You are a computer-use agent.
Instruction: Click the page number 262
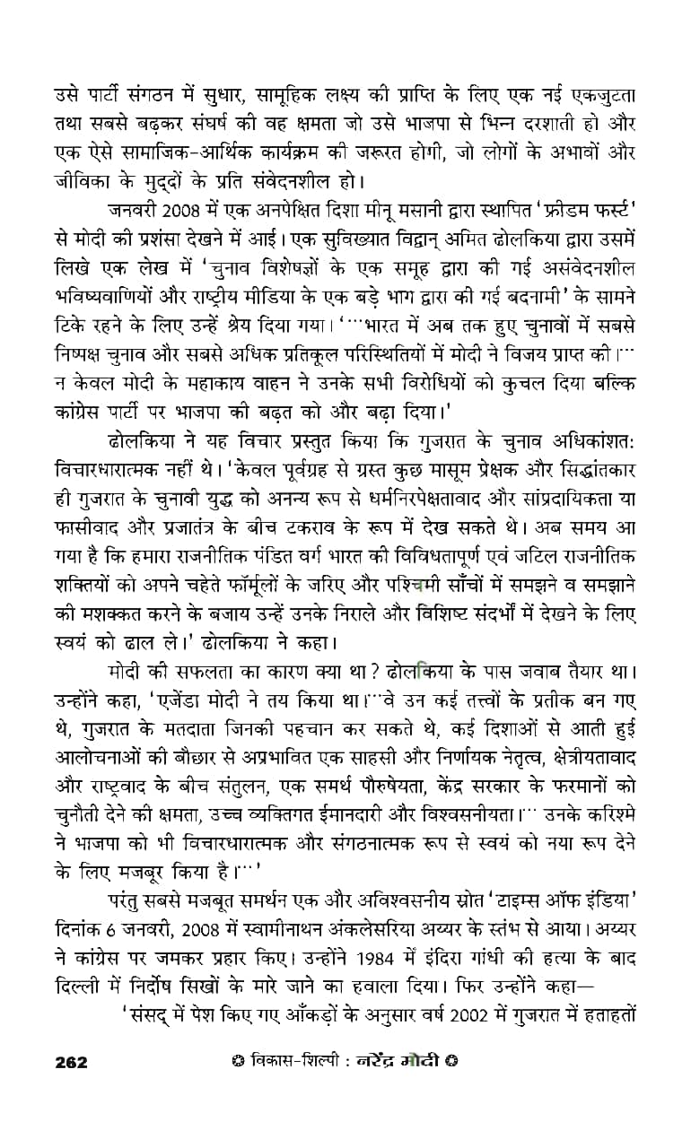[x=71, y=1062]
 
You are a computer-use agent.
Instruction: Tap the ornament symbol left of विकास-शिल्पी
[x=236, y=1062]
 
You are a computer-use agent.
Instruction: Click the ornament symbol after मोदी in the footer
[x=452, y=1062]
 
